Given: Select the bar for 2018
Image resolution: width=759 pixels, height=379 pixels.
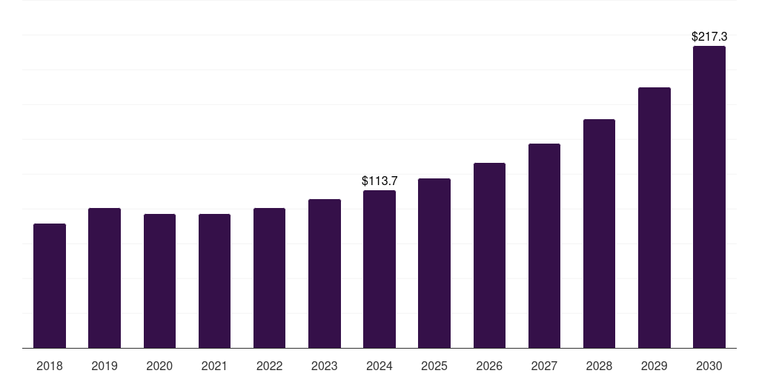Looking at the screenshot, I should click(x=50, y=286).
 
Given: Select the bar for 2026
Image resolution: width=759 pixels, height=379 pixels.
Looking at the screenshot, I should click(x=489, y=255).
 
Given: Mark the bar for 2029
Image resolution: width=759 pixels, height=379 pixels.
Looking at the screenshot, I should click(x=654, y=218).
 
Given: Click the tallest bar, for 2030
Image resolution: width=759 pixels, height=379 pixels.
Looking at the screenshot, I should click(x=709, y=197).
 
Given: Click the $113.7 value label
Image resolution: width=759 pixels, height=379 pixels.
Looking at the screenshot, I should click(x=379, y=181).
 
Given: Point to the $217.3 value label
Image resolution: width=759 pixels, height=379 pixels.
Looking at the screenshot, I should click(x=709, y=36).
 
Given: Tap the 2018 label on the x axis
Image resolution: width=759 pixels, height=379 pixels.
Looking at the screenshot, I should click(x=50, y=366).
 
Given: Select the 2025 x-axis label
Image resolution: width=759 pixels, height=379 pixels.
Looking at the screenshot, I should click(x=434, y=366).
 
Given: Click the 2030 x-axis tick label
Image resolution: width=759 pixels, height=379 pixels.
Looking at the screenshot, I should click(x=709, y=366).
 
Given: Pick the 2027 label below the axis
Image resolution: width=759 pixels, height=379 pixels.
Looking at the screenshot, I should click(x=544, y=366).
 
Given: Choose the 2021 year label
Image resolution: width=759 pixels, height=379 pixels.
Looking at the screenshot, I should click(x=214, y=366).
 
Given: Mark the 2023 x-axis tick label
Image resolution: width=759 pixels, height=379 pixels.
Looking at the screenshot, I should click(x=325, y=366).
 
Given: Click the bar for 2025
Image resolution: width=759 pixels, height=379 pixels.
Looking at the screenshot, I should click(x=434, y=263).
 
